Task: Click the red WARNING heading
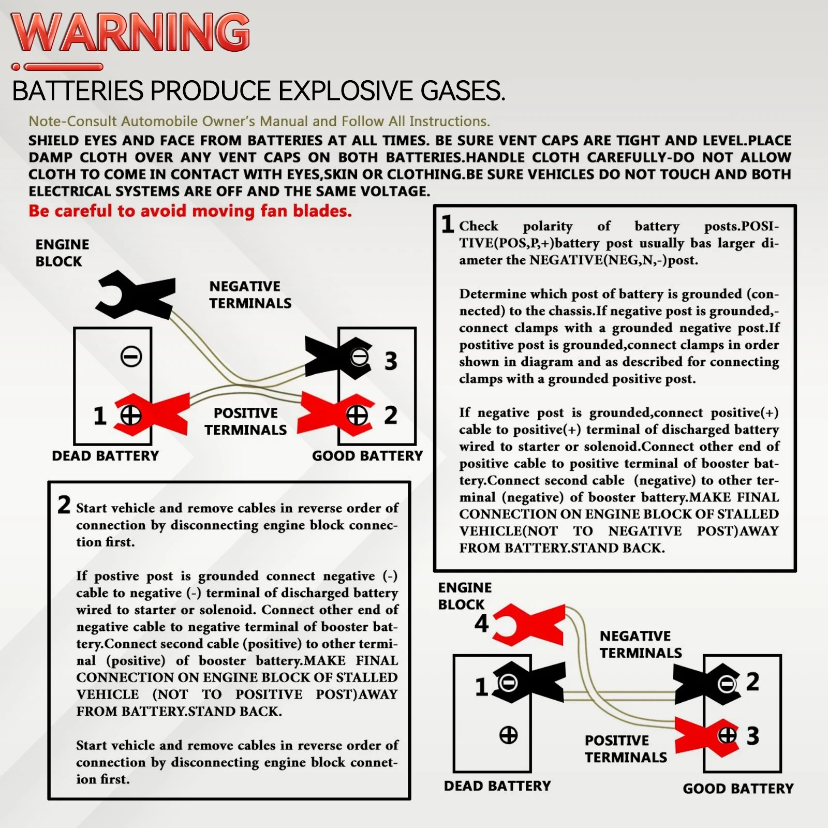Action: (130, 32)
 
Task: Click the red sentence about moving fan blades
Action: (190, 211)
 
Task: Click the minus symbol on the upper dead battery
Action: (131, 357)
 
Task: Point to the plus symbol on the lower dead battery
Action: (508, 735)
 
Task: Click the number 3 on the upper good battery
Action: (391, 361)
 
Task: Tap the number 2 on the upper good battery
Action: (391, 415)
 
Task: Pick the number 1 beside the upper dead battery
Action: (100, 416)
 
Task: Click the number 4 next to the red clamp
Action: (482, 623)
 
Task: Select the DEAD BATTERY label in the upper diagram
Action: (106, 456)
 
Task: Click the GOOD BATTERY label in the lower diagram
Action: (738, 789)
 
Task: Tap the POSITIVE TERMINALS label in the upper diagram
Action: (246, 421)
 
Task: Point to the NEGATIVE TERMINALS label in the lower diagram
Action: (641, 644)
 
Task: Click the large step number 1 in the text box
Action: (448, 224)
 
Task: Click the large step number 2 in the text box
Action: (64, 505)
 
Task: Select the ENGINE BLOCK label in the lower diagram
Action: (465, 596)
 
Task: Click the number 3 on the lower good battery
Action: (753, 736)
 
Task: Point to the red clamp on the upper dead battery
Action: (151, 414)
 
